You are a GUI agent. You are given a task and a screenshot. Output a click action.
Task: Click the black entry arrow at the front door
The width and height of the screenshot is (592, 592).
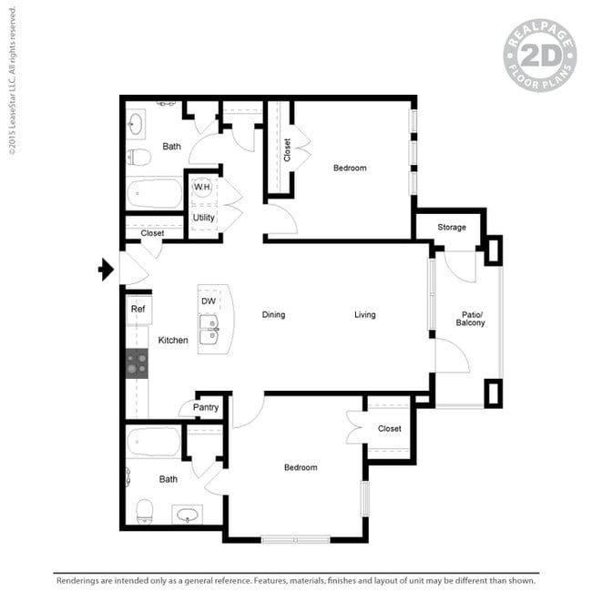click(x=106, y=269)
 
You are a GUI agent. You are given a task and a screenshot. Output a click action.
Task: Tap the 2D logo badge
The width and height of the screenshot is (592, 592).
click(x=539, y=55)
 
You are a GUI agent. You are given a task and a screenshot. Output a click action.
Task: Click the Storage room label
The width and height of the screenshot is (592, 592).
click(x=451, y=228)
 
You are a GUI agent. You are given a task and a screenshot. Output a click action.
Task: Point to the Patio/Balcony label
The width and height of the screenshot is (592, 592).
click(x=470, y=318)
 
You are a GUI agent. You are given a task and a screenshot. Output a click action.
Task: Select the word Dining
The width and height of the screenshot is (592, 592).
click(x=273, y=315)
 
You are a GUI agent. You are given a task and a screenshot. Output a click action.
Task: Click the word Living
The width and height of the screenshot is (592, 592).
click(x=364, y=315)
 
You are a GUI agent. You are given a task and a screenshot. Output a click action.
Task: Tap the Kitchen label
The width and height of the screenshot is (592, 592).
click(x=173, y=340)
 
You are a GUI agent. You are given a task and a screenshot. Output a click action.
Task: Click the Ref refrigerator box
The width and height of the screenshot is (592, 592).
click(x=138, y=310)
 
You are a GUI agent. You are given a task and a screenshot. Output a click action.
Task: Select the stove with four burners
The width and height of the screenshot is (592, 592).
click(x=137, y=364)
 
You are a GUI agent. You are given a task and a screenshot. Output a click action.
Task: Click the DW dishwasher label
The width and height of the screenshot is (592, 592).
click(x=209, y=301)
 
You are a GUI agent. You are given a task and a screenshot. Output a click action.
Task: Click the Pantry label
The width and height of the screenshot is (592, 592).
click(x=206, y=407)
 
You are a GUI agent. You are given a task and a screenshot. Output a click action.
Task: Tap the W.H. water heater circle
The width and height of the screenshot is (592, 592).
click(x=202, y=188)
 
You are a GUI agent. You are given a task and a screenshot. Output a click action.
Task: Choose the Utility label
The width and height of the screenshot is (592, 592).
click(x=203, y=219)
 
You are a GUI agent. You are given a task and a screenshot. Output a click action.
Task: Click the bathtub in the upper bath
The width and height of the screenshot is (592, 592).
click(x=155, y=193)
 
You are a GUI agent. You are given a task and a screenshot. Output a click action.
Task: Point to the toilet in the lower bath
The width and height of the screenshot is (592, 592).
click(x=145, y=510)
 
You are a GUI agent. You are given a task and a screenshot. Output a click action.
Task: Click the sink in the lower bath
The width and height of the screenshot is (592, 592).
click(x=189, y=515)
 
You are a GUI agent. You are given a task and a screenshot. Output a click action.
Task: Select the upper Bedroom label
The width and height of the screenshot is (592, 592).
click(x=350, y=168)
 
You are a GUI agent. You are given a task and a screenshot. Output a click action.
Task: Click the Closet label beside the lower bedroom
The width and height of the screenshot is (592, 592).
click(x=389, y=428)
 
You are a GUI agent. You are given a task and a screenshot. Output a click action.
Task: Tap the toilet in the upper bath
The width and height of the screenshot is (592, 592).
click(x=139, y=157)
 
